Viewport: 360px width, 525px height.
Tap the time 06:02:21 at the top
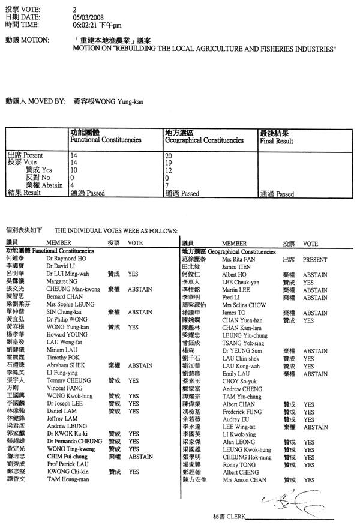83,26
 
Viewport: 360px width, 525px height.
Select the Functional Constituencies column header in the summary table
106,140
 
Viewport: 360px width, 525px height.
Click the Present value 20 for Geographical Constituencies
167,155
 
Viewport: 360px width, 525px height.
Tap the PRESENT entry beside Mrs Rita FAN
314,260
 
